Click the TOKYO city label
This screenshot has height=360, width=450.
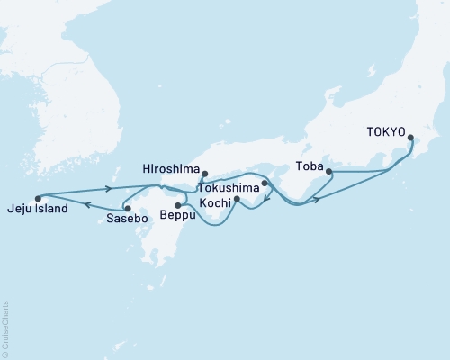[385, 130]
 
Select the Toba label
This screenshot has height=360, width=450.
[309, 166]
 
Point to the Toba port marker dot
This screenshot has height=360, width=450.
[328, 171]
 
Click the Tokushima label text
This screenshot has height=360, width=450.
[229, 189]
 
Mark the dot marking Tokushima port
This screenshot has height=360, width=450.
[265, 184]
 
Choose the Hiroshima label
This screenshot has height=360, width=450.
[169, 167]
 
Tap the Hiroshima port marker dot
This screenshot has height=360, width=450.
[205, 174]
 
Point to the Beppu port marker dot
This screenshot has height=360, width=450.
[178, 205]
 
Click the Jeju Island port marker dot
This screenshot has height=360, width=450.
[38, 198]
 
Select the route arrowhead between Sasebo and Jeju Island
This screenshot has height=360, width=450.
[87, 204]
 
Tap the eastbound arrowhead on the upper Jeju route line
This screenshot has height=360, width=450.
[109, 188]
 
